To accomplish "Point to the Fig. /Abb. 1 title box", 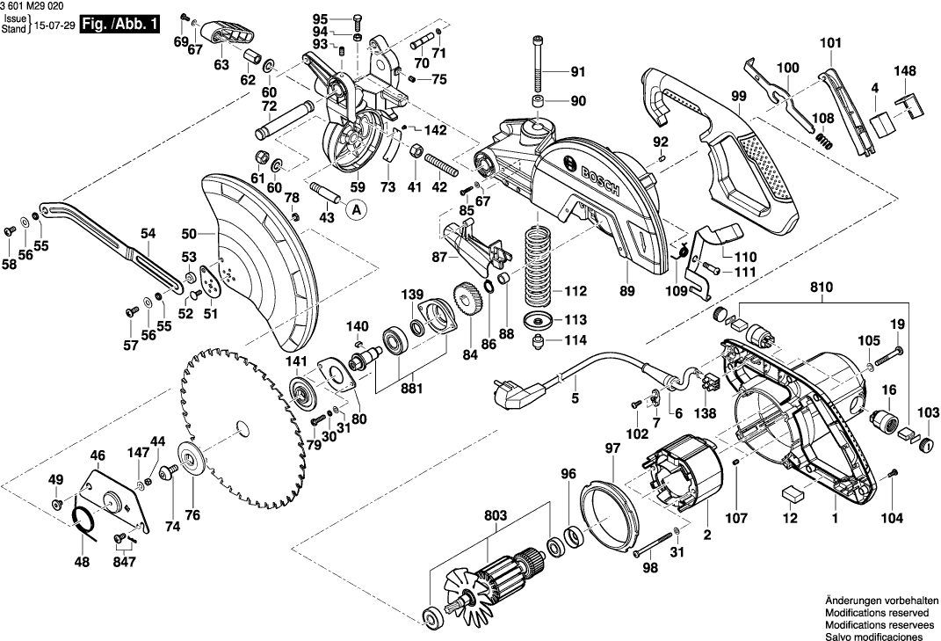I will pyautogui.click(x=120, y=25).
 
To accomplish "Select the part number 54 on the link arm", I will pyautogui.click(x=148, y=234).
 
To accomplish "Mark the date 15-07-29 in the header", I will pyautogui.click(x=54, y=25).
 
